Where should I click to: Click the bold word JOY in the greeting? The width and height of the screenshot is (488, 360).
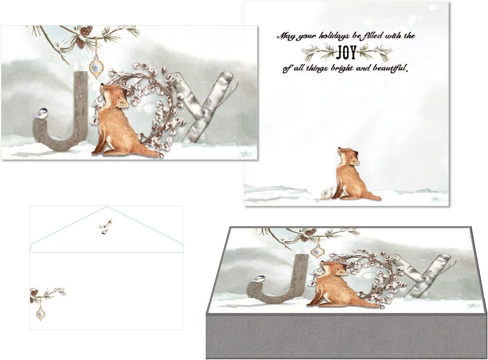[346, 53]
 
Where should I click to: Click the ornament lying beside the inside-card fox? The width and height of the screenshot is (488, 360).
[326, 194]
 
